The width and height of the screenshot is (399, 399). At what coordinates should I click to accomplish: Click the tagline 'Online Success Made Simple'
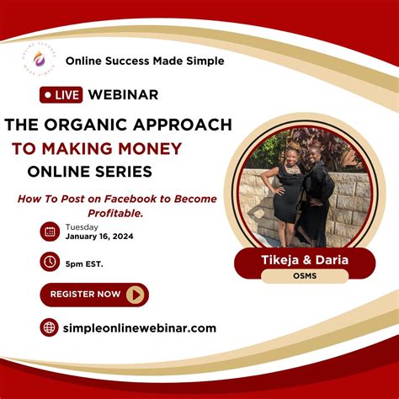click(x=145, y=61)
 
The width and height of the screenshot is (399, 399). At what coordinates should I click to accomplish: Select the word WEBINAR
click(x=125, y=95)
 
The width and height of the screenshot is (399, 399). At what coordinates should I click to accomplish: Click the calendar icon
click(x=50, y=231)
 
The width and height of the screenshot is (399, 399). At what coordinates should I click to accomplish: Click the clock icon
click(x=50, y=263)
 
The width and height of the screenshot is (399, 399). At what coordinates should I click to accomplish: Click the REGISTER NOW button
click(x=94, y=295)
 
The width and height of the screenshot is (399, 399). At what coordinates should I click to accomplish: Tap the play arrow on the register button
click(x=136, y=295)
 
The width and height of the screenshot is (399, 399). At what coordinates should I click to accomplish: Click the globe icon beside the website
click(x=50, y=327)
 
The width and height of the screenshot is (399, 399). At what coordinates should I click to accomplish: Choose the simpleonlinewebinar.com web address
click(x=140, y=327)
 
